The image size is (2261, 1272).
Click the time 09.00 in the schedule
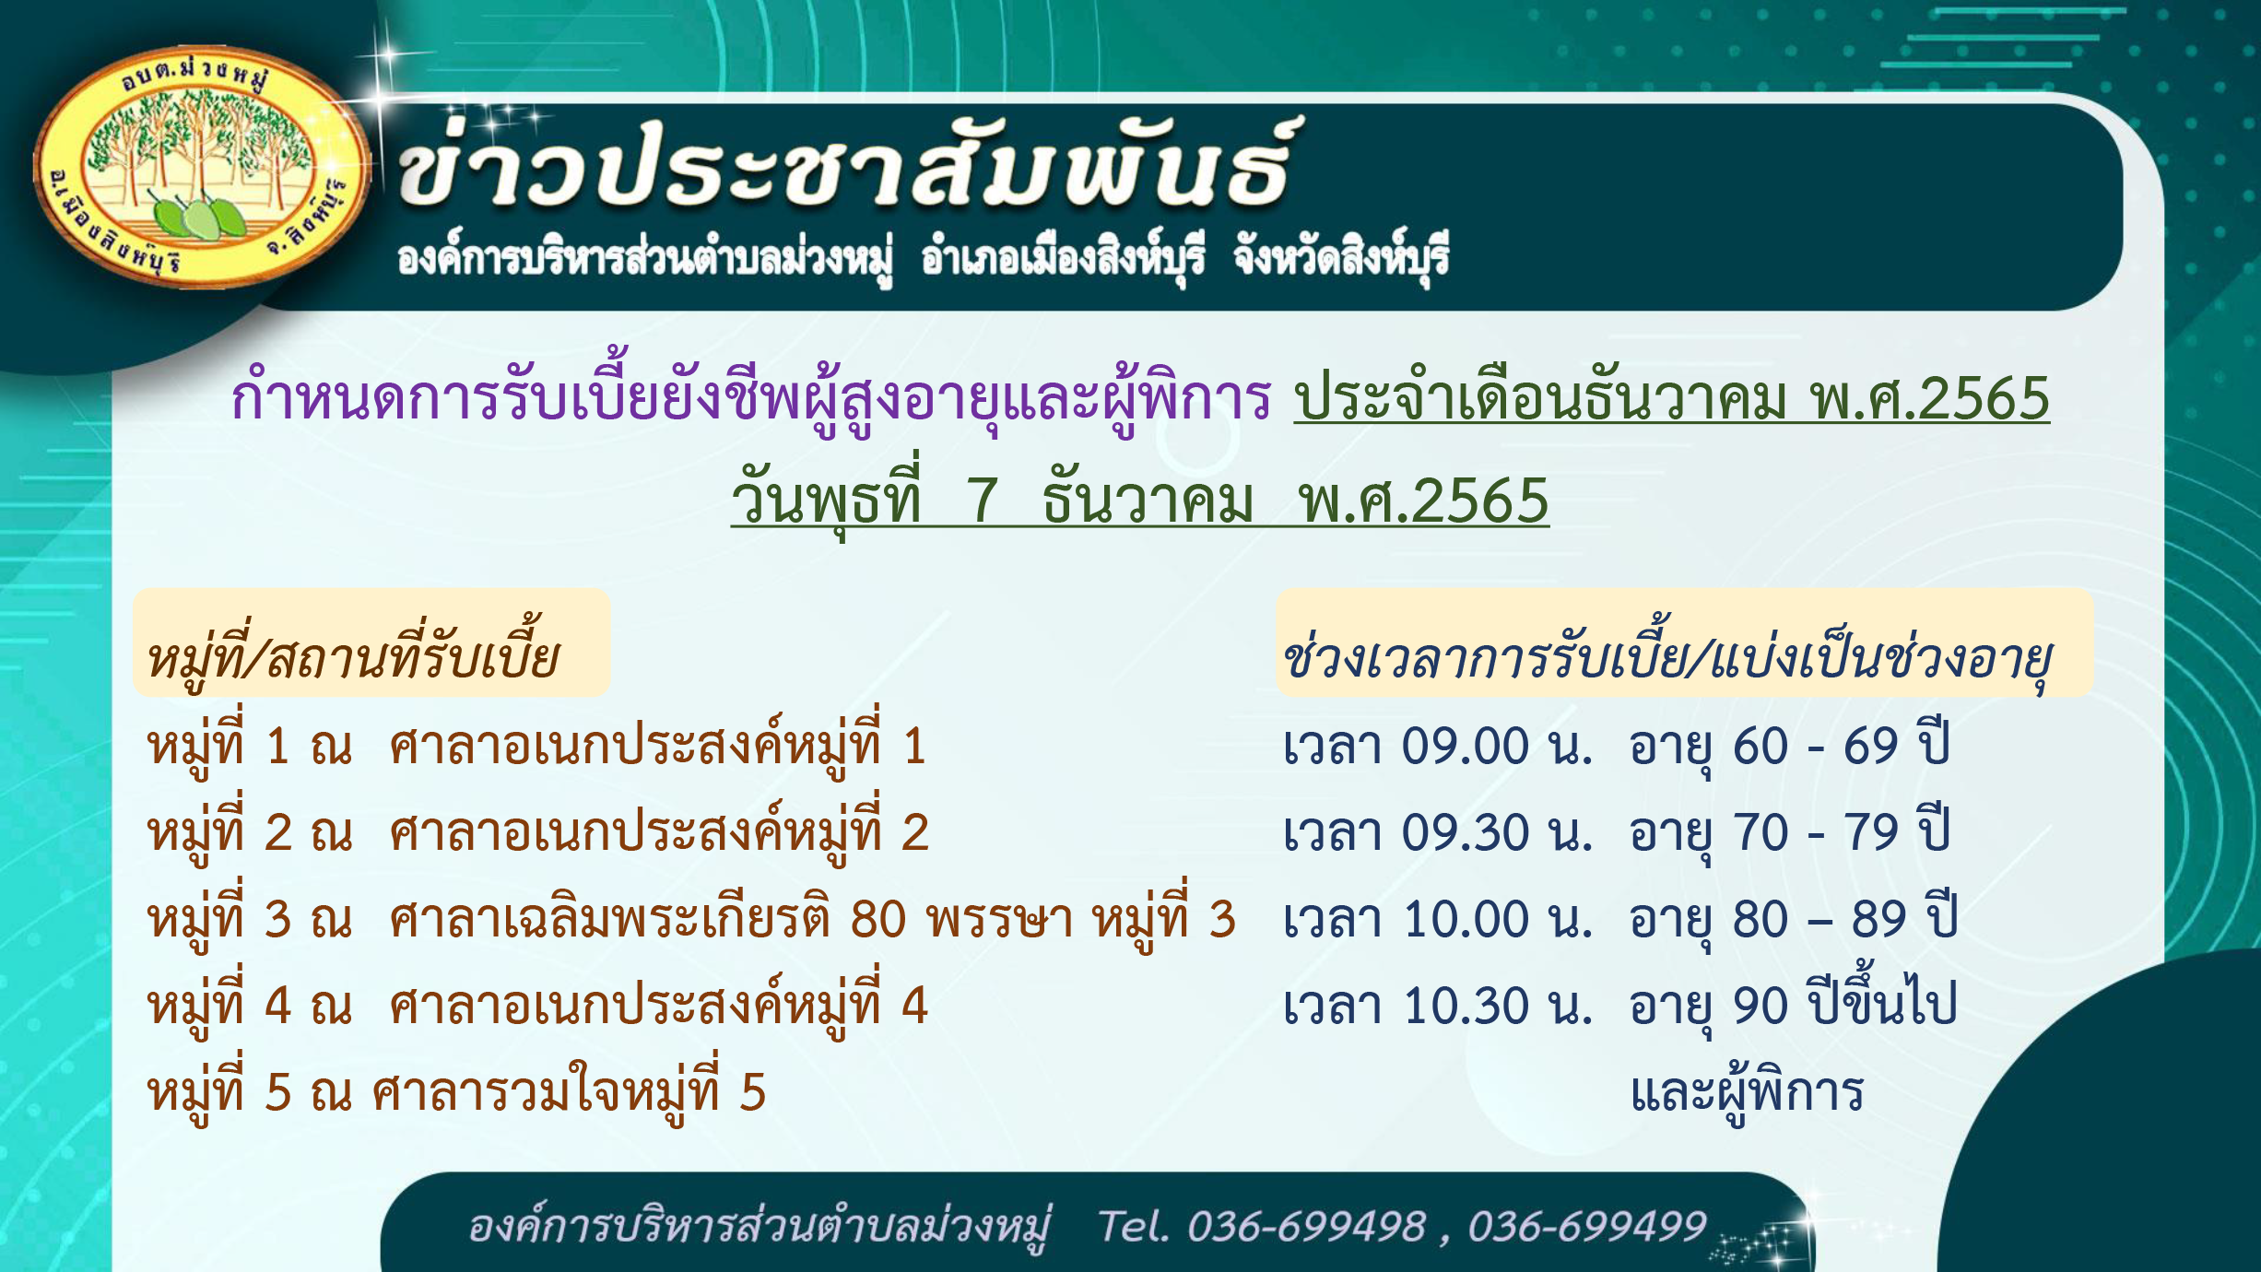point(1466,746)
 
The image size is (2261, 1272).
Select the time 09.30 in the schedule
point(1466,832)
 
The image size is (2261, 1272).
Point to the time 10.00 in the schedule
point(1466,919)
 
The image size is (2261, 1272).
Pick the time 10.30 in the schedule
point(1466,1005)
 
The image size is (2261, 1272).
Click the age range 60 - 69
point(1816,746)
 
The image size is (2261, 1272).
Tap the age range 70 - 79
point(1816,832)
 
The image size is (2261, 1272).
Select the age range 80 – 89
point(1819,919)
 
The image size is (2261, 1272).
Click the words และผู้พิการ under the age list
point(1747,1092)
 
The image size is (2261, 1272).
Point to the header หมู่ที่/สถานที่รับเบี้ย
point(353,654)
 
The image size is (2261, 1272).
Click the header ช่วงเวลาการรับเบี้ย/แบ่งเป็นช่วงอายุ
point(1667,654)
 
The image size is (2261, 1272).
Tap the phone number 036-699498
point(1306,1226)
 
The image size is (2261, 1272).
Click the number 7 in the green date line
point(982,501)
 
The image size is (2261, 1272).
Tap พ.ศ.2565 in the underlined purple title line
point(1930,399)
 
